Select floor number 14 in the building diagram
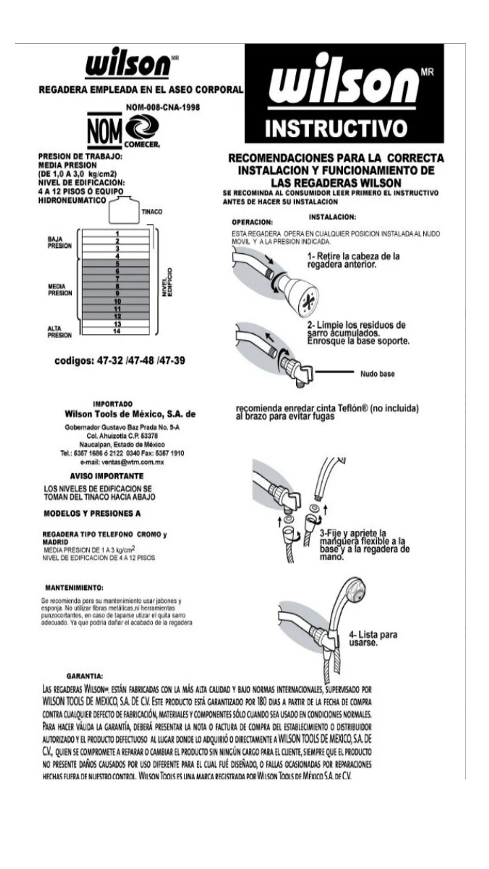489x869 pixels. pyautogui.click(x=117, y=331)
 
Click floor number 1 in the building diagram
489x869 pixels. pyautogui.click(x=117, y=234)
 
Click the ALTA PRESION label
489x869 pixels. pyautogui.click(x=59, y=331)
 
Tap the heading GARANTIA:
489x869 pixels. pyautogui.click(x=85, y=677)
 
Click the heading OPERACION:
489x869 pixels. pyautogui.click(x=252, y=222)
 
